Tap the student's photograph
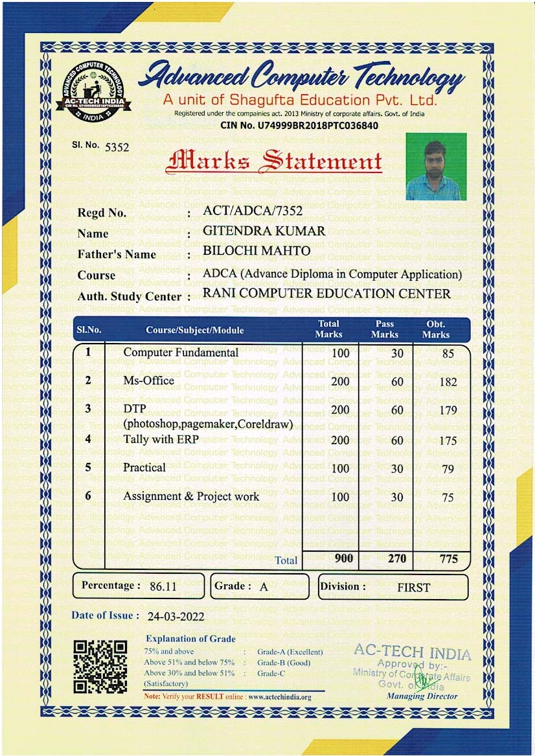tap(436, 167)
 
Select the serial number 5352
tap(117, 147)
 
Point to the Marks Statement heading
tap(273, 161)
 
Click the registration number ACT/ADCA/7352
tap(253, 211)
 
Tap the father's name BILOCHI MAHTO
tap(256, 251)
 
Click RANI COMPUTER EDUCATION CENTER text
tap(326, 294)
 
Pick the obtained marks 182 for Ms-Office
tap(448, 382)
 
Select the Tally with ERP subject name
tap(161, 439)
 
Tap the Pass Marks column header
tap(385, 329)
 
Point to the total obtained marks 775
tap(448, 559)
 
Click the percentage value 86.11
tap(163, 587)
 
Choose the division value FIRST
tap(413, 588)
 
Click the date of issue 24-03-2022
tap(176, 617)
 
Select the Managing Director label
tap(422, 696)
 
